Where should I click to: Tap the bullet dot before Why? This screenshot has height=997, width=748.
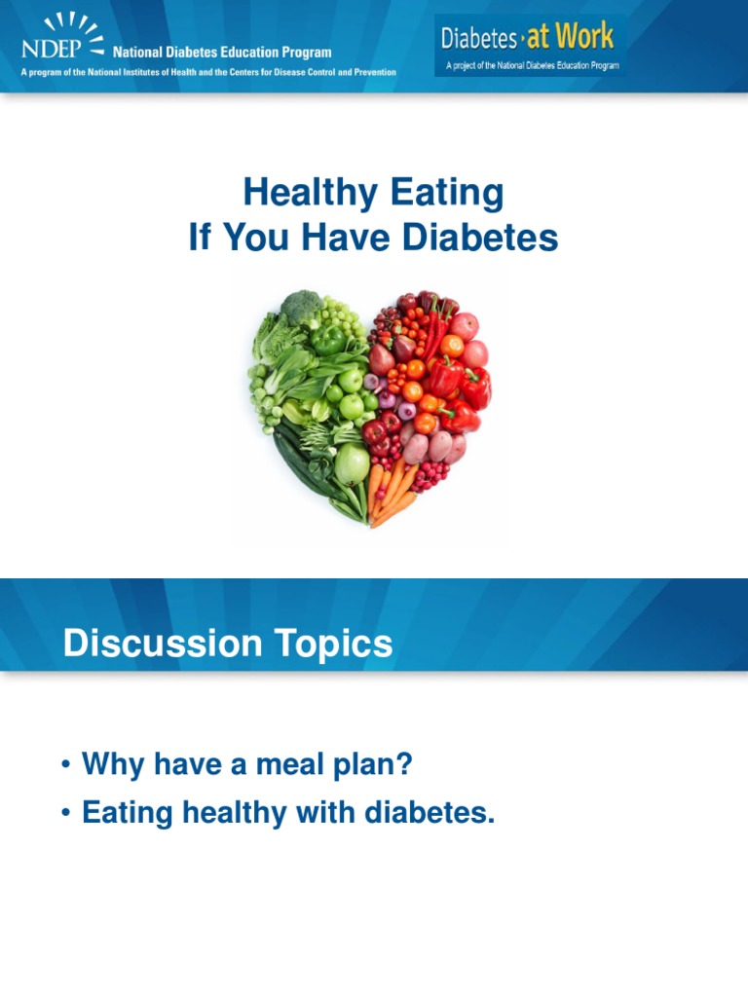(x=65, y=765)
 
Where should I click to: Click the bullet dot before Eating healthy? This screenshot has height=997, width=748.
(x=65, y=813)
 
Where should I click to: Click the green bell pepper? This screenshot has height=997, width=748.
(x=329, y=342)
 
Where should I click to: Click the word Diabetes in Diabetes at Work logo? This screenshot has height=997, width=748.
(x=479, y=39)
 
